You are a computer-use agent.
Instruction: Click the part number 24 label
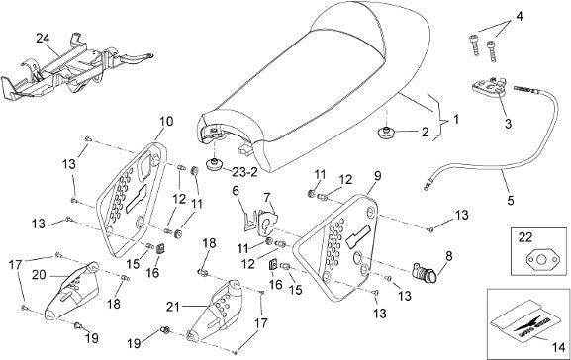[x=43, y=39]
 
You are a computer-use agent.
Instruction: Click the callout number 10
[x=166, y=122]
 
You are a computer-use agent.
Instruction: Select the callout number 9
[x=378, y=175]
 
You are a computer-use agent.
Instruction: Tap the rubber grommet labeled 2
[x=386, y=133]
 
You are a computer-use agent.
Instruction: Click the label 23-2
[x=244, y=172]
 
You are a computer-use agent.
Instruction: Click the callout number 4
[x=520, y=17]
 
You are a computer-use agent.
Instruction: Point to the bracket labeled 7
[x=267, y=222]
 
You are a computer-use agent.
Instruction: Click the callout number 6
[x=236, y=190]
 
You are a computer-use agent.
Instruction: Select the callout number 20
[x=39, y=275]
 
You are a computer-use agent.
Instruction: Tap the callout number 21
[x=173, y=307]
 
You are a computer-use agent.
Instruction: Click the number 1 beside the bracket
[x=455, y=119]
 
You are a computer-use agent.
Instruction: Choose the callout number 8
[x=448, y=256]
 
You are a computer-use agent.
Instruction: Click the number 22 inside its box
[x=525, y=237]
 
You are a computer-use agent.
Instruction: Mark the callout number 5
[x=511, y=200]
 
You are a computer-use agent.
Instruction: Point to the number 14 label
[x=557, y=347]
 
